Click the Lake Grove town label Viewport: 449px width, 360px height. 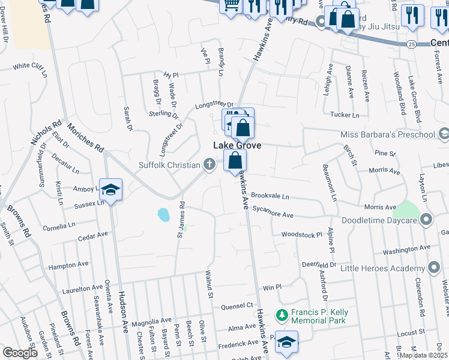(238, 146)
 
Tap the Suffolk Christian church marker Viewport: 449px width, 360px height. (209, 164)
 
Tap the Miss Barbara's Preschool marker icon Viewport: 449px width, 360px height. (444, 134)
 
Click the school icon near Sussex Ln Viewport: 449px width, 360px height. (111, 190)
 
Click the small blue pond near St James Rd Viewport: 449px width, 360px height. (163, 214)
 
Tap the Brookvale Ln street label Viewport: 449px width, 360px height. (270, 196)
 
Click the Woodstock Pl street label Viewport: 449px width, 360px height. (299, 235)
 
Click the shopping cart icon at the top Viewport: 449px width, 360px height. (231, 5)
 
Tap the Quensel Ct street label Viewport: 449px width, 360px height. (237, 306)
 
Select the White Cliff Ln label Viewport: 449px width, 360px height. (29, 66)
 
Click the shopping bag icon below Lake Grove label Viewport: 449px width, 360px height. (235, 161)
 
